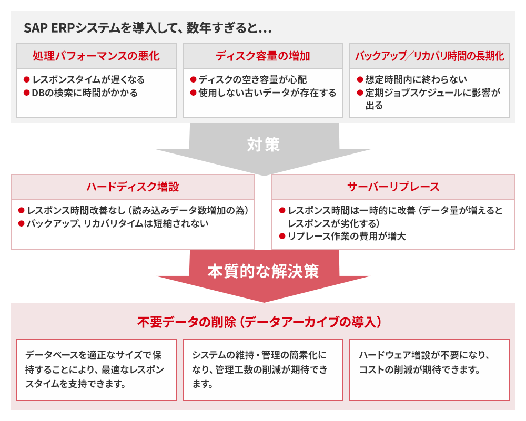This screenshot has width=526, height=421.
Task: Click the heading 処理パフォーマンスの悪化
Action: click(x=96, y=56)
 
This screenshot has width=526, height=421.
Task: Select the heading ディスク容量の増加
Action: click(x=263, y=56)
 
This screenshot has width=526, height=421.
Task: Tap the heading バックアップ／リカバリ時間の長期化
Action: click(x=430, y=56)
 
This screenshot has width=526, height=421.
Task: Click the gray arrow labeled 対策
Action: click(x=264, y=148)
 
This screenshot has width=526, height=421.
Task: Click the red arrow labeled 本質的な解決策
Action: click(x=264, y=273)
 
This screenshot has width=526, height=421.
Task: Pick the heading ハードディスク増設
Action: click(x=133, y=187)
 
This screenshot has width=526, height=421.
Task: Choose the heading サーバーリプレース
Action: click(x=393, y=187)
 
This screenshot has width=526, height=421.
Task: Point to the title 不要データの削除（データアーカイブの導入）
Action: click(x=259, y=322)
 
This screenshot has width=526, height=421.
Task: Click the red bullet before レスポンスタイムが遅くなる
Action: click(x=27, y=79)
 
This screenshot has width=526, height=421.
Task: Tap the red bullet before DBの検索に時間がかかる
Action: click(x=27, y=93)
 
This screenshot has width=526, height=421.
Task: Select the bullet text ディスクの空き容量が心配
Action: click(x=252, y=79)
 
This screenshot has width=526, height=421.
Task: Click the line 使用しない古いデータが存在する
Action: click(x=267, y=93)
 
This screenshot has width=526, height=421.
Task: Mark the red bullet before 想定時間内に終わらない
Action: click(x=360, y=79)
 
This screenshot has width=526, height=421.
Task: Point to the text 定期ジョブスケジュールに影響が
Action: click(x=433, y=93)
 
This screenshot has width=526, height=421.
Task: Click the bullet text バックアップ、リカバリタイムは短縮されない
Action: click(x=118, y=223)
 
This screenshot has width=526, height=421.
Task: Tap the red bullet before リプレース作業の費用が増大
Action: click(x=282, y=237)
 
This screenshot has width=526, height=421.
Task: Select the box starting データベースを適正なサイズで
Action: click(x=96, y=370)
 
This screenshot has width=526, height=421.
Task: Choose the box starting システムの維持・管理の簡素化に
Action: click(x=263, y=370)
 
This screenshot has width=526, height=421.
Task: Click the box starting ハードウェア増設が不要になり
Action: click(x=430, y=370)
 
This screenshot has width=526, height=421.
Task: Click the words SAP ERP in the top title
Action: click(x=48, y=28)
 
